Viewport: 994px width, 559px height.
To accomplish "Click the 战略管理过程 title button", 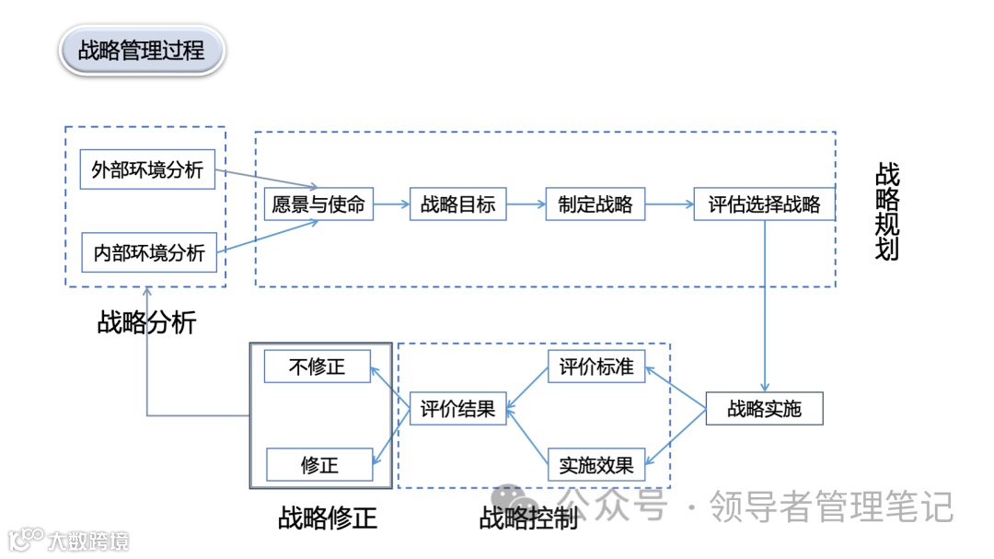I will (x=142, y=50).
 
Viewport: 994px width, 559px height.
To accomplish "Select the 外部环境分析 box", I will (x=147, y=169).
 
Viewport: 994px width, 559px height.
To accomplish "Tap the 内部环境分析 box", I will (x=149, y=252).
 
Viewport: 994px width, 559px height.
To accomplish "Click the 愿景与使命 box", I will (x=318, y=204).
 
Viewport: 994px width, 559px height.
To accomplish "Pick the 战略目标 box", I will (x=457, y=204).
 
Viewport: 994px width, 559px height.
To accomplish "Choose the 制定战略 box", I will (x=595, y=204).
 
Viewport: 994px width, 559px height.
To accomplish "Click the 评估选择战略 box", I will (x=764, y=204).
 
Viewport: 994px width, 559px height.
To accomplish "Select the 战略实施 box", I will (x=764, y=408).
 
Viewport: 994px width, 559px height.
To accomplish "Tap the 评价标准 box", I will (x=596, y=367).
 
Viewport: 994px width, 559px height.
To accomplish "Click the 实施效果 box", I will (x=596, y=465).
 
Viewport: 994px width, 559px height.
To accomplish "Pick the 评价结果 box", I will (x=457, y=408).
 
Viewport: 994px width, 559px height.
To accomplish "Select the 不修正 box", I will (x=317, y=367).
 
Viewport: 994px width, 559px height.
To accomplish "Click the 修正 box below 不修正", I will (x=319, y=465).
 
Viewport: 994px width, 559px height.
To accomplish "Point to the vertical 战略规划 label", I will (x=887, y=212).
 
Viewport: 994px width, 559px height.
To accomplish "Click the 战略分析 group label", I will (x=146, y=322).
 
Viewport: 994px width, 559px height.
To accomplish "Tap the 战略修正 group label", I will (x=328, y=518).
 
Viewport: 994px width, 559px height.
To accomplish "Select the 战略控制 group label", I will (x=528, y=518).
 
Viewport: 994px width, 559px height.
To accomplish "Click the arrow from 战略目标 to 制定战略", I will (x=526, y=204).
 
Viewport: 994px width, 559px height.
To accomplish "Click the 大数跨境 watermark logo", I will (x=69, y=540).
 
